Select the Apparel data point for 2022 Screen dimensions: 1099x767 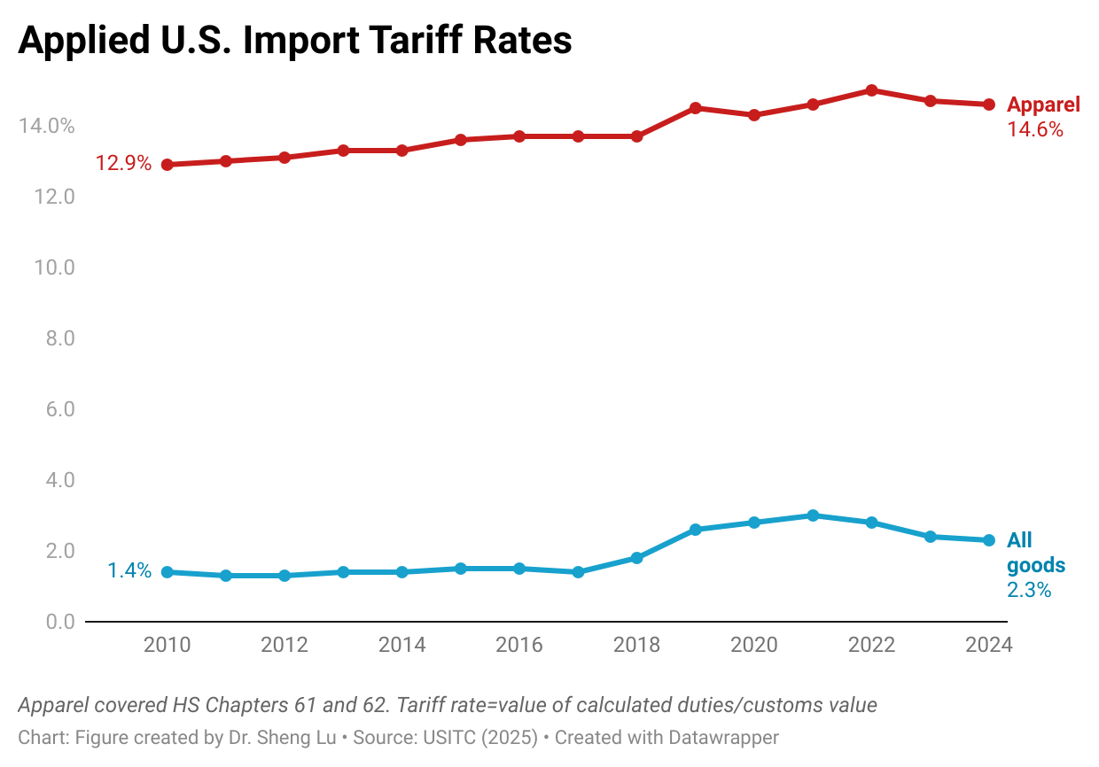[x=872, y=90]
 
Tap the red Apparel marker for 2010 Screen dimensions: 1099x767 [x=168, y=165]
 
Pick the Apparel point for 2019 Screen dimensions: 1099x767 [x=695, y=108]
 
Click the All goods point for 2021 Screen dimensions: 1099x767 [x=813, y=515]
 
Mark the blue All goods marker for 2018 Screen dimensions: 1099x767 [x=637, y=558]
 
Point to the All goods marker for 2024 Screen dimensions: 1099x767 [x=989, y=540]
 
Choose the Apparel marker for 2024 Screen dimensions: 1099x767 [x=989, y=105]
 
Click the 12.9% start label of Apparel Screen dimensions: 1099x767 [x=123, y=163]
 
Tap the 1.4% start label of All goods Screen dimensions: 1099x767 [x=129, y=571]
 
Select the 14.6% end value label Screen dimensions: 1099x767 [x=1035, y=130]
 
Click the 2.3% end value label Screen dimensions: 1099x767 [x=1029, y=590]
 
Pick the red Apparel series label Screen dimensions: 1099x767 [x=1043, y=105]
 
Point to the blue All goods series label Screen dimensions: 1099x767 [x=1036, y=553]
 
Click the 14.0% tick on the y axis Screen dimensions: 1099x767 [x=47, y=126]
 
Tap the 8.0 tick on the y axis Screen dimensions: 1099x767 [x=60, y=338]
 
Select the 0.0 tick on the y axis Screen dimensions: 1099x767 [x=60, y=622]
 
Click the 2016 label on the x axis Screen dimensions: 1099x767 [x=519, y=645]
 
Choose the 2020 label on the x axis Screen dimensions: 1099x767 [x=754, y=645]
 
